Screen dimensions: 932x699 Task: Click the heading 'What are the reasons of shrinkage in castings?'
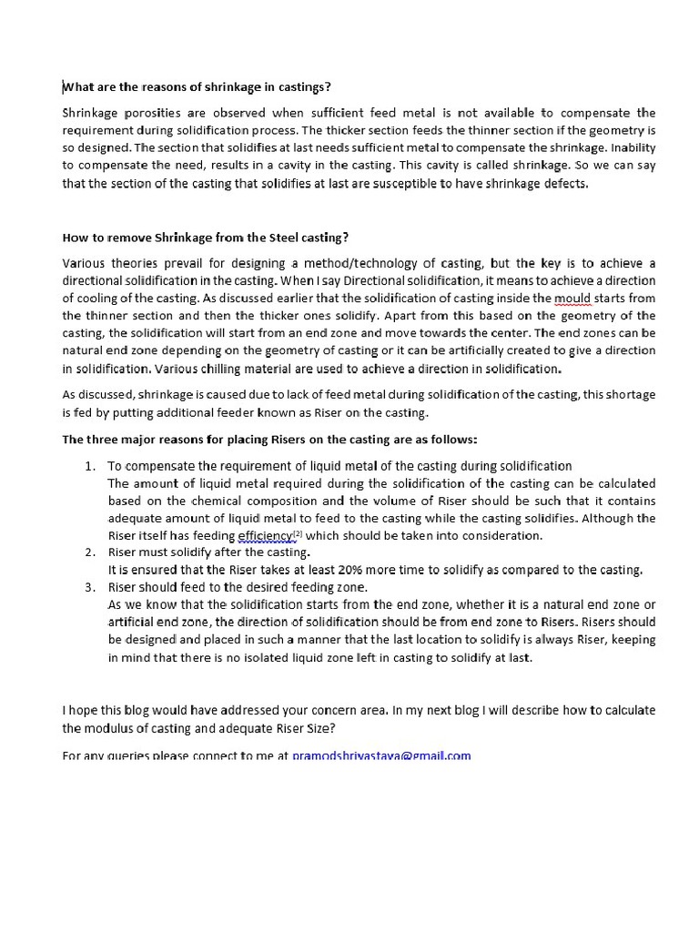click(197, 87)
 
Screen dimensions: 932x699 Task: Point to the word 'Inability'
click(633, 147)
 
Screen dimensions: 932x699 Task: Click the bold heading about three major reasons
click(268, 439)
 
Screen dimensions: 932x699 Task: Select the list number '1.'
click(90, 466)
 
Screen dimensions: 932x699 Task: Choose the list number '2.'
click(90, 552)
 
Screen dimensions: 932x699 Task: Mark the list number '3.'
click(90, 587)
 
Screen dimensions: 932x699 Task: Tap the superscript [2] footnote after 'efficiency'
click(298, 533)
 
